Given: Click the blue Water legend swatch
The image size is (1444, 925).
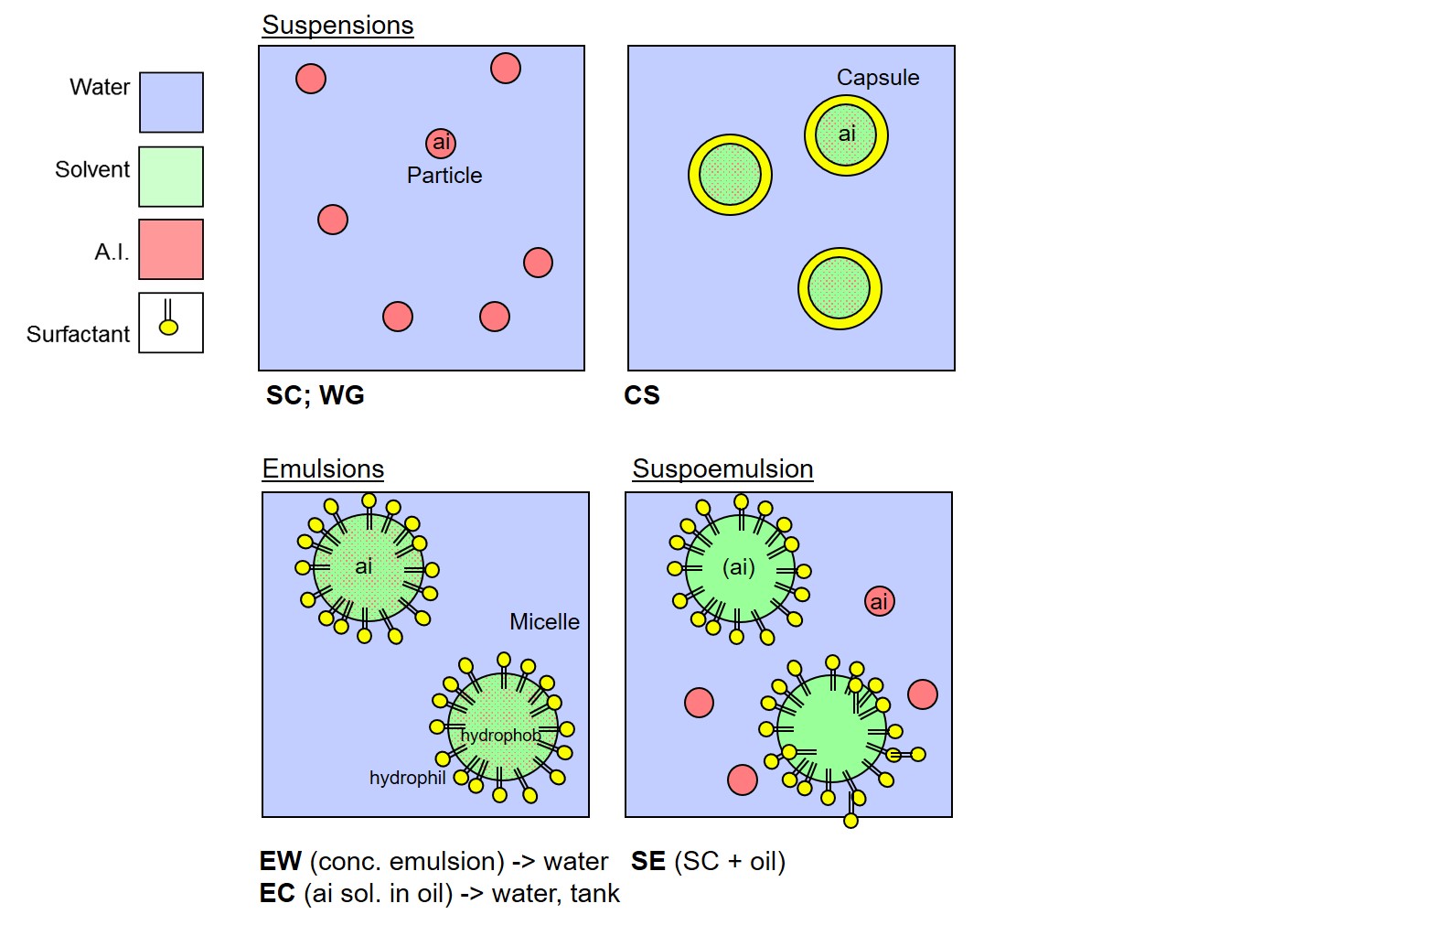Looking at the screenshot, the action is (x=172, y=102).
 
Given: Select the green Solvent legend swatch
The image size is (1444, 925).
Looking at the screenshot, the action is (x=172, y=177).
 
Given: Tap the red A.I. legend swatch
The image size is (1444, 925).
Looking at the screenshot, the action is (x=172, y=250).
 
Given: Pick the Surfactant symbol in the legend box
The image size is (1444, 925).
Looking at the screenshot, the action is (x=168, y=317).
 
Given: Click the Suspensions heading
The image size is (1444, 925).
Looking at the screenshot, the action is (x=337, y=26).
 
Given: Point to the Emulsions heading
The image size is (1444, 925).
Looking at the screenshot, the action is (x=323, y=468).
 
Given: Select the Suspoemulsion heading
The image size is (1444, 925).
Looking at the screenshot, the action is (x=722, y=469).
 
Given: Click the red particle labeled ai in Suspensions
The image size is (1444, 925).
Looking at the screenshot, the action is (x=441, y=144).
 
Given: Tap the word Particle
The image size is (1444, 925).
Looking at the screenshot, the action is (x=444, y=176).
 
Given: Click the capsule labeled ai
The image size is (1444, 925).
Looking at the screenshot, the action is (x=847, y=135).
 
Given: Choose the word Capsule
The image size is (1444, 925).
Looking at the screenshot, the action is (x=878, y=78).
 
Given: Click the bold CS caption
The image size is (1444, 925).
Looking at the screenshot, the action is (x=642, y=395).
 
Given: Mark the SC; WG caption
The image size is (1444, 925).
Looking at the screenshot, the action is (x=316, y=395).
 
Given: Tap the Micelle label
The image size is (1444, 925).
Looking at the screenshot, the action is (x=545, y=622).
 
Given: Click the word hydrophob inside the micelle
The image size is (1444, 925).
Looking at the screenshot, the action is (x=501, y=736).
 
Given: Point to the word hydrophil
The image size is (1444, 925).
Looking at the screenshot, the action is (x=408, y=778).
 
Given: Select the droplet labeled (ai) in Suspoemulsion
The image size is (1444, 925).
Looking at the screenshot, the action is (x=740, y=568).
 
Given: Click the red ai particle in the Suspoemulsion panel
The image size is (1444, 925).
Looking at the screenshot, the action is (x=879, y=601).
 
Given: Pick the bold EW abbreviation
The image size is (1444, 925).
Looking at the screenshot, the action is (x=281, y=861).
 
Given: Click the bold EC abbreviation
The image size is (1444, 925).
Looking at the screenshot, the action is (x=277, y=893).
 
